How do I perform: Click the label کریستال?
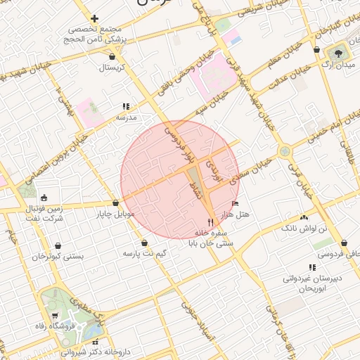tap(112, 68)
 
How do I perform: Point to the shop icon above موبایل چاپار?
tap(115, 203)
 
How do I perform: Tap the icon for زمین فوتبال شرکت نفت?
tap(45, 198)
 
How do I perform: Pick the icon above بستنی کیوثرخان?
tap(58, 246)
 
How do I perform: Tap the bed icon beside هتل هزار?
tap(235, 204)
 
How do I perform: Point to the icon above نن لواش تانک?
tap(304, 218)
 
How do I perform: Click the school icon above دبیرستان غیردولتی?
tap(312, 267)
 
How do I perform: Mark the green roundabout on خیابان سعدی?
tap(284, 150)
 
